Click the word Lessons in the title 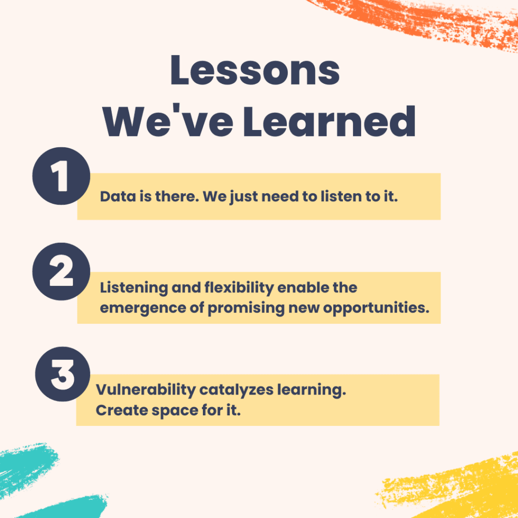[255, 70]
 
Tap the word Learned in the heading [329, 121]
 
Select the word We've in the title [168, 120]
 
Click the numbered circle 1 [61, 176]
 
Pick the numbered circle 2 [61, 272]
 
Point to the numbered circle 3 [62, 374]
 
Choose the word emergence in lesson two [143, 309]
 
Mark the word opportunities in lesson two [376, 308]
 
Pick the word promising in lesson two [246, 309]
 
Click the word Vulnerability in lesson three [146, 390]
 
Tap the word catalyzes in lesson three [236, 390]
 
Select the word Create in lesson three [121, 410]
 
